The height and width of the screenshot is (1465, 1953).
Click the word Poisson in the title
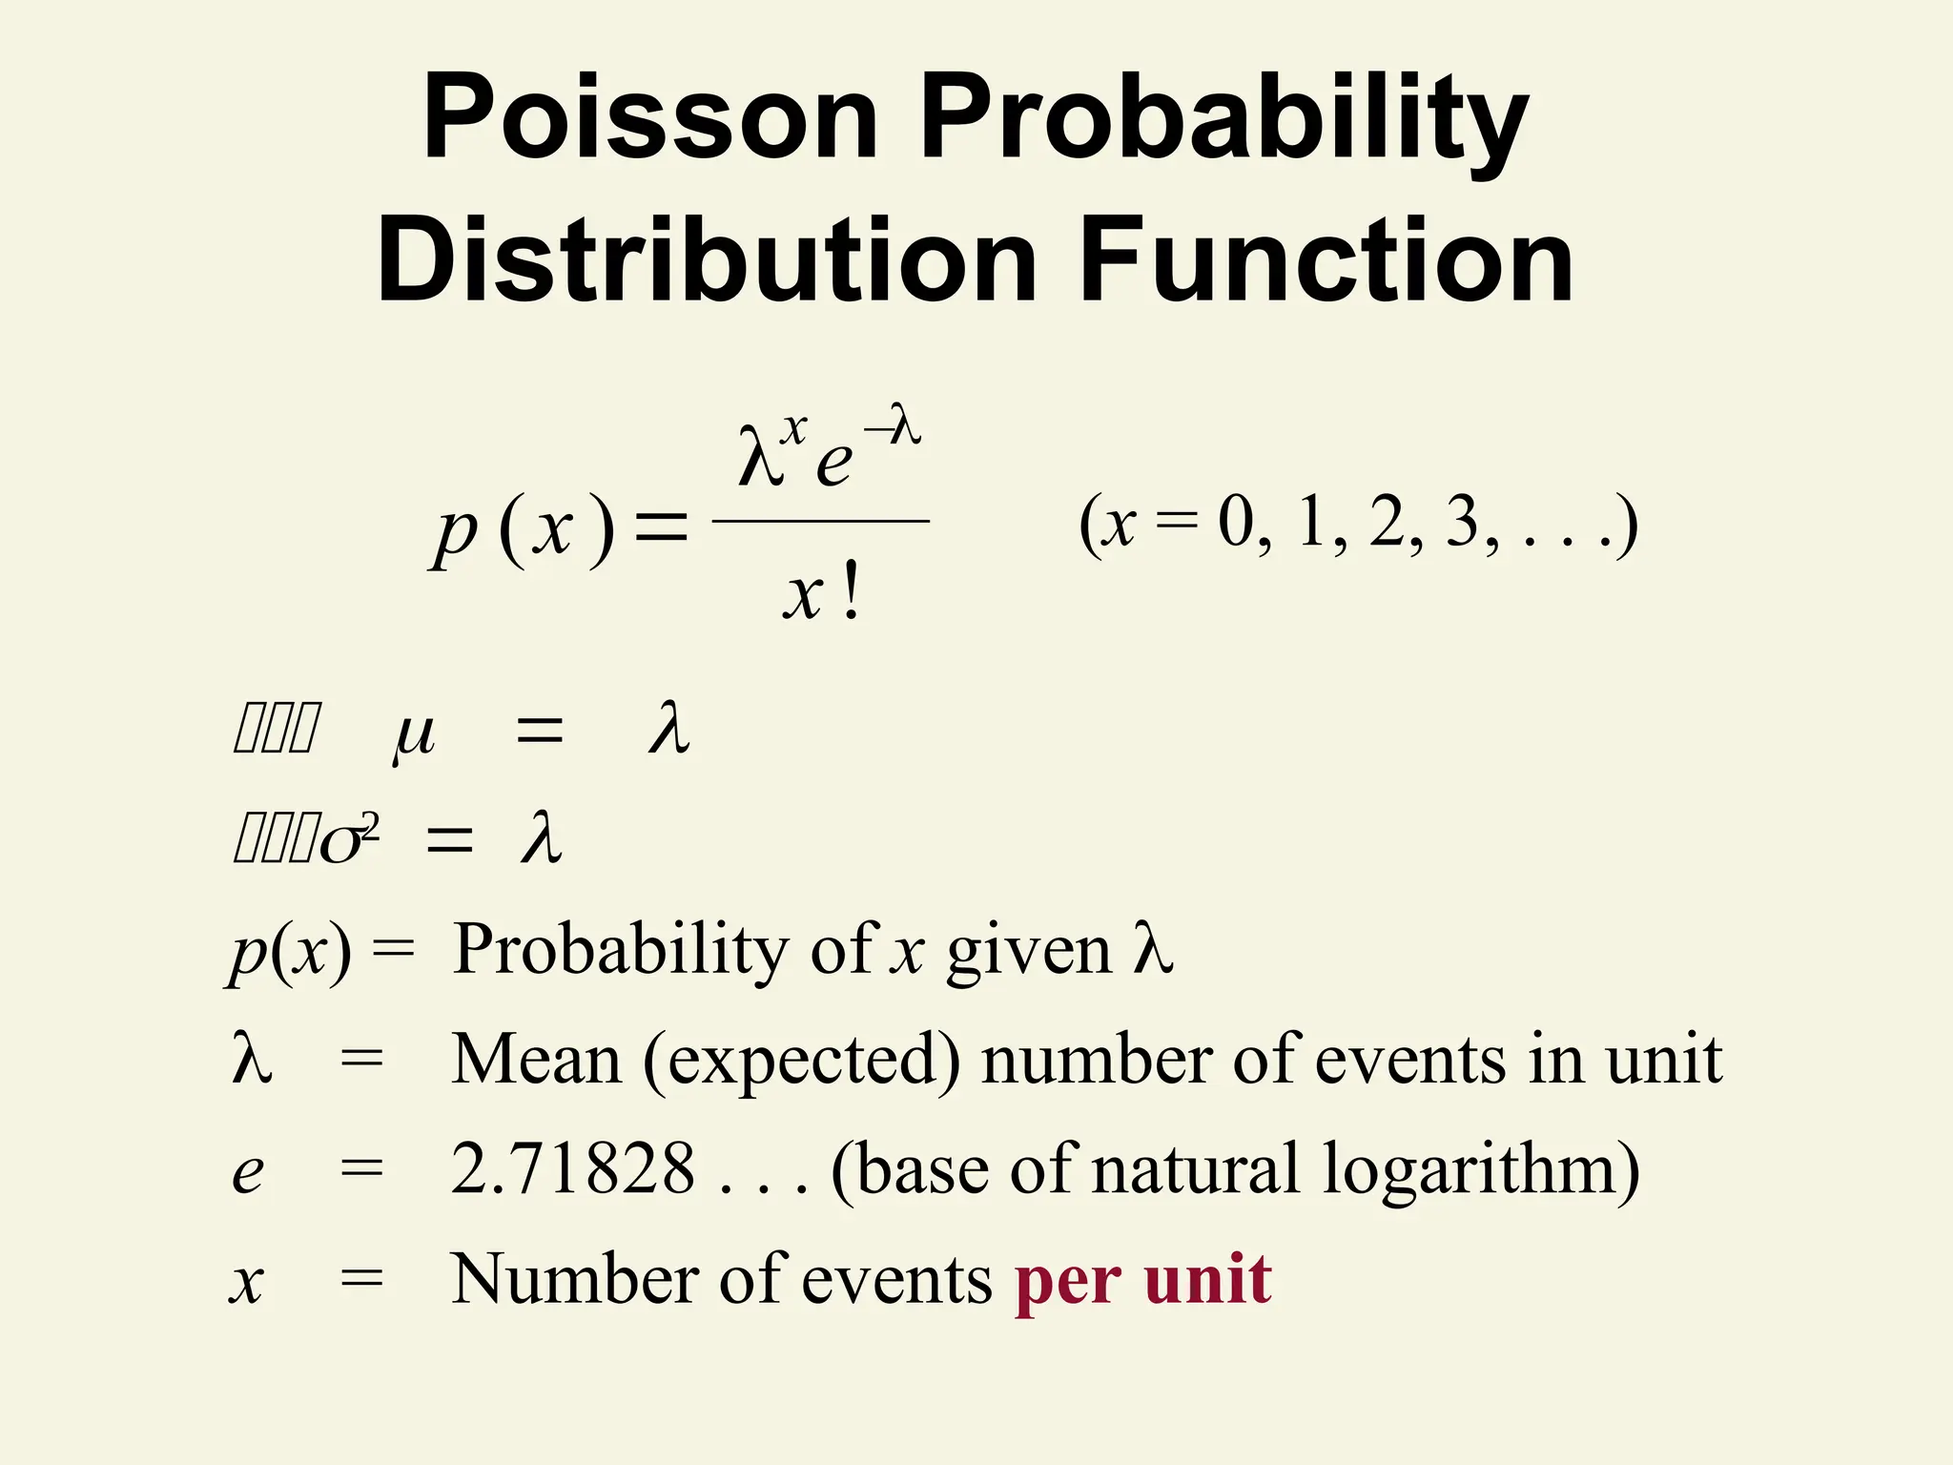point(649,117)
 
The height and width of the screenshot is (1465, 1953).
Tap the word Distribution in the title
point(707,259)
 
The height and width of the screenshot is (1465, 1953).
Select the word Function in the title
point(1326,259)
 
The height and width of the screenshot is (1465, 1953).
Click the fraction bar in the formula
point(820,521)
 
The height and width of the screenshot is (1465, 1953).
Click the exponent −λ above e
point(893,425)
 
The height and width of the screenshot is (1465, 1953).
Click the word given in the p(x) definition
point(1029,953)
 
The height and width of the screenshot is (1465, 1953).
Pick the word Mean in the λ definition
point(536,1060)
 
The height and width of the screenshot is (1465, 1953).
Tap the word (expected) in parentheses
point(802,1062)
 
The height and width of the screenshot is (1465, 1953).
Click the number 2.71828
point(573,1169)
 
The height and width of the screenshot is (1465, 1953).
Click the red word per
point(1067,1282)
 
